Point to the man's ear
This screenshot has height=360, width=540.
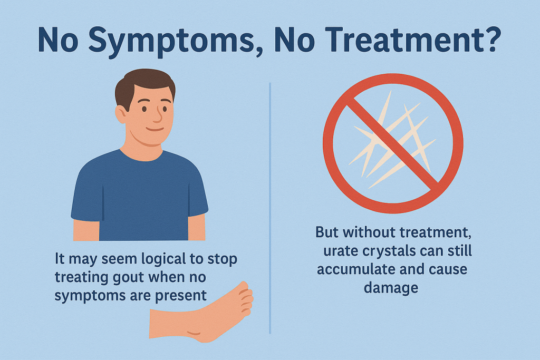[121, 114]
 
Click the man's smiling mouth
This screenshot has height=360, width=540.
[155, 130]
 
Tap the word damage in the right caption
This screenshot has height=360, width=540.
[391, 287]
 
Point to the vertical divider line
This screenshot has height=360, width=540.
[270, 208]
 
